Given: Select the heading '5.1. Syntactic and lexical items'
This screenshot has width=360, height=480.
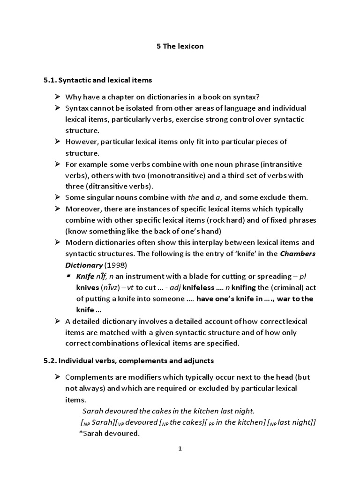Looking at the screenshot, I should tap(97, 80).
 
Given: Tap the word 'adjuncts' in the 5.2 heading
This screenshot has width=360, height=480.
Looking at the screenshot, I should tap(194, 360).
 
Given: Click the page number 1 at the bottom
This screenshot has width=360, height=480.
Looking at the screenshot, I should tap(180, 449).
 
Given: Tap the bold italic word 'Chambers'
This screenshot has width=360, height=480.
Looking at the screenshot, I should tap(300, 254).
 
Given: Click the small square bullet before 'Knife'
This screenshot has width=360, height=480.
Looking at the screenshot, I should tap(69, 276).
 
